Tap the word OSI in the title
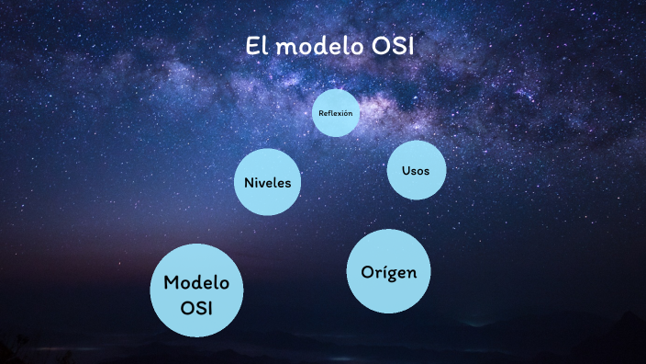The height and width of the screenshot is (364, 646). [x=392, y=46]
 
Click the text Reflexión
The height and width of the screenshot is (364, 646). [x=335, y=113]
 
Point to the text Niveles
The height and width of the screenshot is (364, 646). [x=267, y=182]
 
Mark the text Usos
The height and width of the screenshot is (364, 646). [x=416, y=171]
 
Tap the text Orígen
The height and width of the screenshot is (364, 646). [x=389, y=272]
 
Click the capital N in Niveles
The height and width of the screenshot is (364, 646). [x=249, y=182]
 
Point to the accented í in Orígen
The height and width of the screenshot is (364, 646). [x=381, y=271]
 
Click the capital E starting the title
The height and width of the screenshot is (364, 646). [x=251, y=46]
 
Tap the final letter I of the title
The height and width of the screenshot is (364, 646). [x=410, y=46]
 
